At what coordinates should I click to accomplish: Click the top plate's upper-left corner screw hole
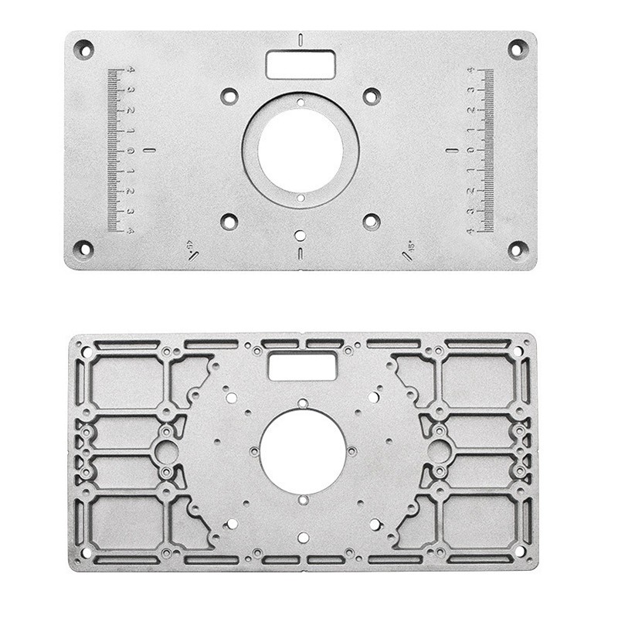click(83, 49)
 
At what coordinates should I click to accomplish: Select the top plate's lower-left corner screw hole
click(83, 250)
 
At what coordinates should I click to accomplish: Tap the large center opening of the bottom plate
click(302, 452)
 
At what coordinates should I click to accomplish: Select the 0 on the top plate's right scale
click(470, 150)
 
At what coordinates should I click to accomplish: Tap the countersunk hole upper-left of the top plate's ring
click(229, 97)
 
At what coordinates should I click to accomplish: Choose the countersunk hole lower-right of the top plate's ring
click(372, 222)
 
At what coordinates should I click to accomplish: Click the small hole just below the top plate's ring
click(301, 234)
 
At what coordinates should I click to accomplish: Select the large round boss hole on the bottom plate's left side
click(165, 452)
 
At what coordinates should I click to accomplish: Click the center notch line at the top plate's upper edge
click(301, 39)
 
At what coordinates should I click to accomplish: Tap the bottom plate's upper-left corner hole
click(87, 352)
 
